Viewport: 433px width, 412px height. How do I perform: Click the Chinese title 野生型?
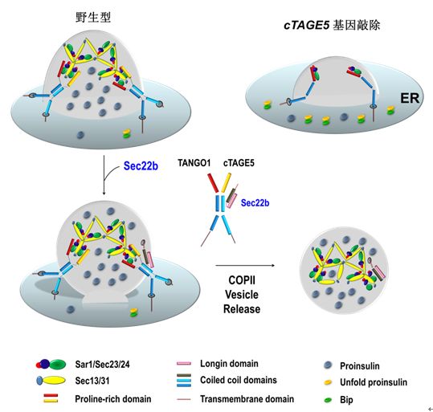point(93,18)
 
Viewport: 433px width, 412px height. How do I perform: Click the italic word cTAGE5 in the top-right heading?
point(307,26)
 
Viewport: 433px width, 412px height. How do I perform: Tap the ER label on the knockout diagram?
point(410,98)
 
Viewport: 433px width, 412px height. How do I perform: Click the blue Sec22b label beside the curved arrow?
point(141,166)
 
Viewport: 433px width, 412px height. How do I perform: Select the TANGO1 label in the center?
point(194,163)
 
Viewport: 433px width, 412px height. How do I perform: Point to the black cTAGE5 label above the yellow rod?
point(239,163)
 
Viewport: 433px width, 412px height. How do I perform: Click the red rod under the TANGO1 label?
point(213,183)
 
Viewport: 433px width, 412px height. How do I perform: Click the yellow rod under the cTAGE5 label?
point(226,182)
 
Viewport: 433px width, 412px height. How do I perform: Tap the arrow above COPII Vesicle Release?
point(245,266)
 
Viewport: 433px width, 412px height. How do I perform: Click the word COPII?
point(242,280)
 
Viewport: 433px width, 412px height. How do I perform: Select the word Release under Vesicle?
point(242,309)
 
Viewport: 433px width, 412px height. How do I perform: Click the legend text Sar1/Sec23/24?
point(102,365)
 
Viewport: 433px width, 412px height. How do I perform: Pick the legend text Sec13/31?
point(92,381)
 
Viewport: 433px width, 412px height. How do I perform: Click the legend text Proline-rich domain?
point(113,399)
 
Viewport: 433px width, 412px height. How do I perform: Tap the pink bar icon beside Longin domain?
point(184,363)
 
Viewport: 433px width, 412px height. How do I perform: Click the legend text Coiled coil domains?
point(239,380)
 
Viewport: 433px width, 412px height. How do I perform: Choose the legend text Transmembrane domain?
point(247,399)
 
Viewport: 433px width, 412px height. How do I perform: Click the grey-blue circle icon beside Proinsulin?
point(328,365)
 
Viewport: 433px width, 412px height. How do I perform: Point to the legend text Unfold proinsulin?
point(374,382)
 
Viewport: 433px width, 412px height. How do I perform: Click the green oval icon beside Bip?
point(328,400)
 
